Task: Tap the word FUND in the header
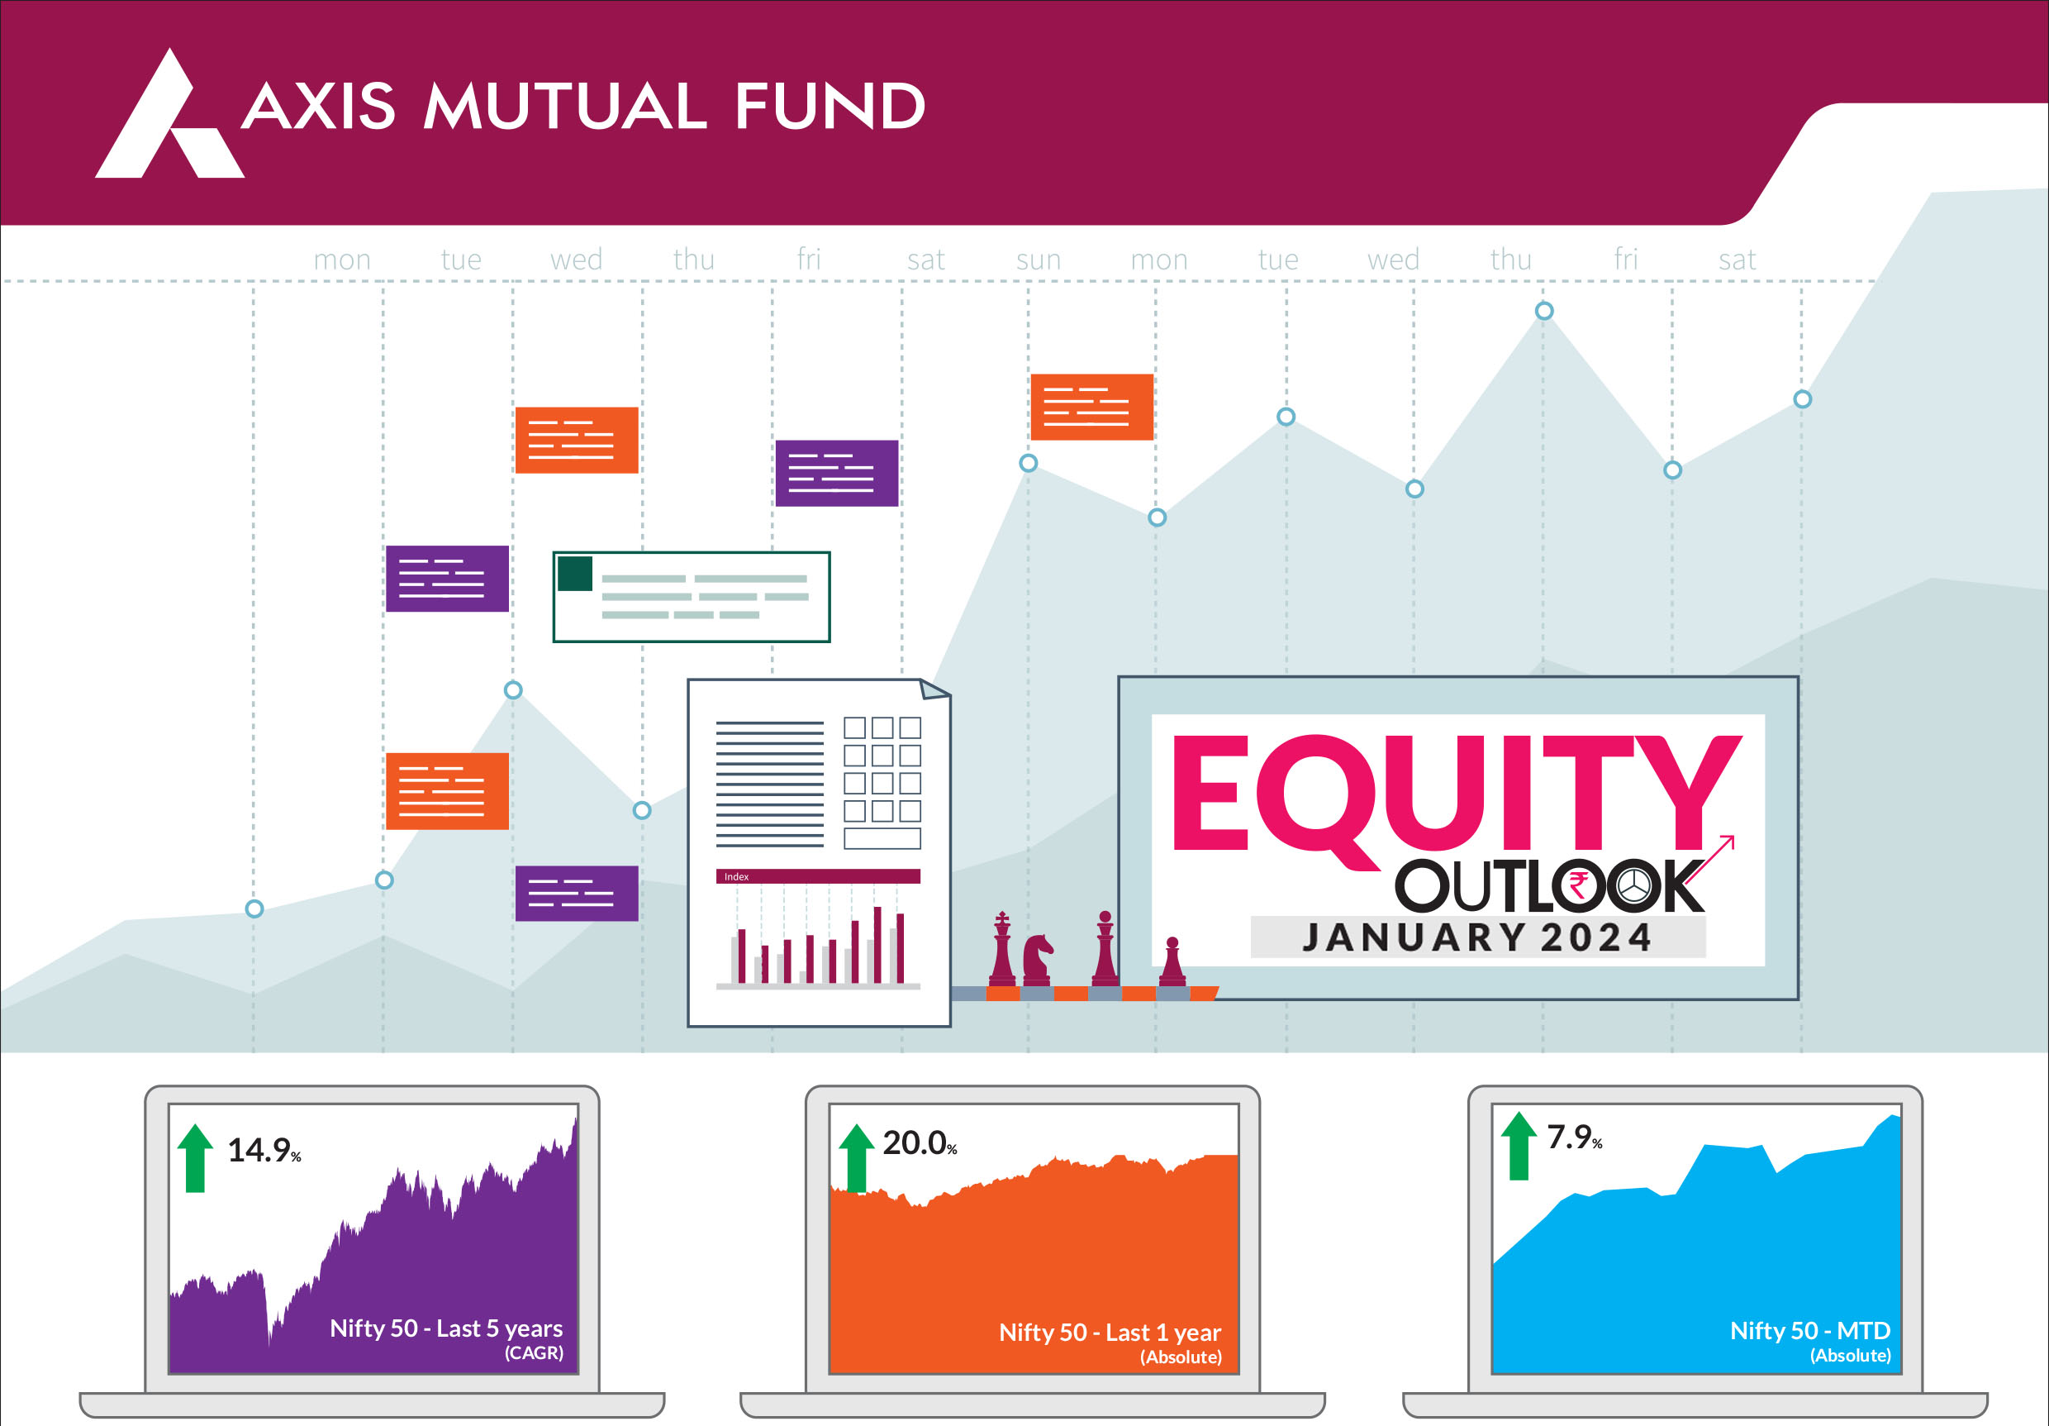tap(831, 107)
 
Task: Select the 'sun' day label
tap(1039, 260)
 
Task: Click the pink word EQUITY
tap(1457, 794)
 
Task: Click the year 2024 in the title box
tap(1595, 937)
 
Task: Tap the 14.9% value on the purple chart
tap(264, 1150)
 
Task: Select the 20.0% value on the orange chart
tap(920, 1143)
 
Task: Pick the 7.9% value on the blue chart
tap(1574, 1137)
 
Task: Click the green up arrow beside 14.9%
tap(196, 1157)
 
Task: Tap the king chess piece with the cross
tap(1002, 948)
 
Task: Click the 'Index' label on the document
tap(736, 877)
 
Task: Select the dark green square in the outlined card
tap(575, 573)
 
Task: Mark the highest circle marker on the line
tap(1544, 311)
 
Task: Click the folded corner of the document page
tap(934, 689)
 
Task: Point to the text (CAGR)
tap(534, 1352)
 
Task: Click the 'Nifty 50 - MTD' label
tap(1810, 1330)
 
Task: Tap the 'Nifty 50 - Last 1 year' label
tap(1110, 1333)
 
